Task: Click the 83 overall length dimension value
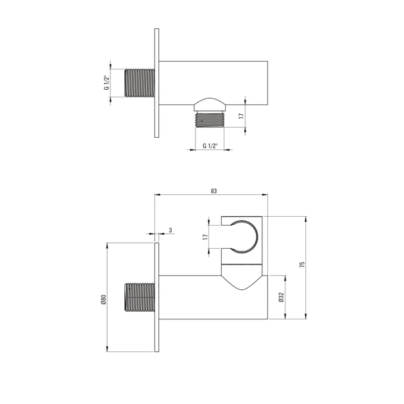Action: pos(214,190)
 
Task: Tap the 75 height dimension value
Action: pos(301,265)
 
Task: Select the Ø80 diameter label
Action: pos(102,298)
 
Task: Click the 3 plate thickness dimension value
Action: pos(171,230)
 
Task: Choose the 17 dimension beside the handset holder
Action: pos(205,237)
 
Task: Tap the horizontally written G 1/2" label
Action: pos(210,146)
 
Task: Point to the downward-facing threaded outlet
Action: pos(210,120)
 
